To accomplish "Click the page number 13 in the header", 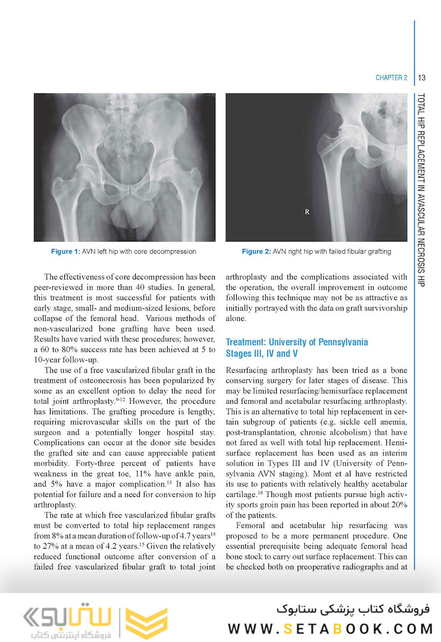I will (421, 78).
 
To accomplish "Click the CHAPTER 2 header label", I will (391, 78).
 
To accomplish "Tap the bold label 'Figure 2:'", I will (256, 251).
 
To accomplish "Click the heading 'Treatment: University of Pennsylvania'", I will (297, 342).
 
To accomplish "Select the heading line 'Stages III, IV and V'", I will (262, 354).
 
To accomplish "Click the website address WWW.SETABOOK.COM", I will (331, 628).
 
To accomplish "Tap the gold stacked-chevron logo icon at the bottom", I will (146, 622).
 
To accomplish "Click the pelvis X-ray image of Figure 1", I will (124, 167).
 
